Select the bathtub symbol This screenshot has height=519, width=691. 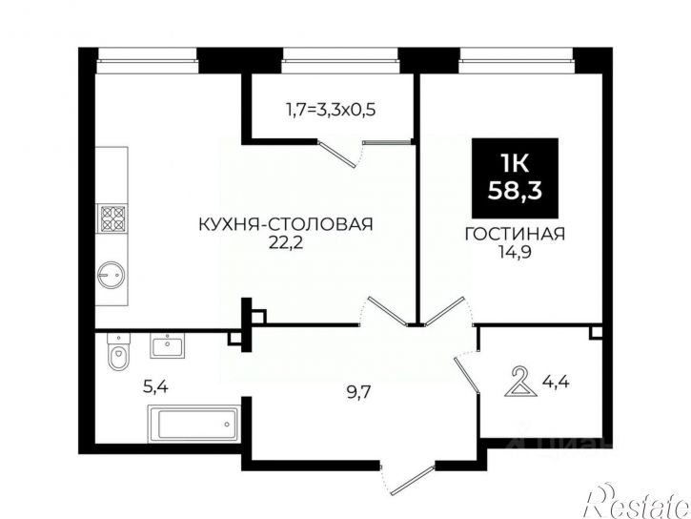click(193, 424)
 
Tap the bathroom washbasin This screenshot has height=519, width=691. click(168, 345)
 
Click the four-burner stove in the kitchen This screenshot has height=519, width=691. click(113, 218)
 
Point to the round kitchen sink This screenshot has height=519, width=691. click(112, 275)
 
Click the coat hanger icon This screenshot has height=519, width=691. click(520, 382)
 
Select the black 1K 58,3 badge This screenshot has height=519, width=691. click(515, 178)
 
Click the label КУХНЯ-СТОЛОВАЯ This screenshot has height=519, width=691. click(286, 224)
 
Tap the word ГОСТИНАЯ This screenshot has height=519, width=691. click(516, 234)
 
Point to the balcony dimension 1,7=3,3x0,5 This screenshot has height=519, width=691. click(331, 109)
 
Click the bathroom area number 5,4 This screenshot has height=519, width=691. click(156, 387)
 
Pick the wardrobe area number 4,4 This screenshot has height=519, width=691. click(557, 381)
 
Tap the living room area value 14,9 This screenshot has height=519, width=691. click(516, 252)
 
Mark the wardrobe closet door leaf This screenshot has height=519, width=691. click(467, 374)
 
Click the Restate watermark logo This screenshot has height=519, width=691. click(638, 503)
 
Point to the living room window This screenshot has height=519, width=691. click(516, 60)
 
